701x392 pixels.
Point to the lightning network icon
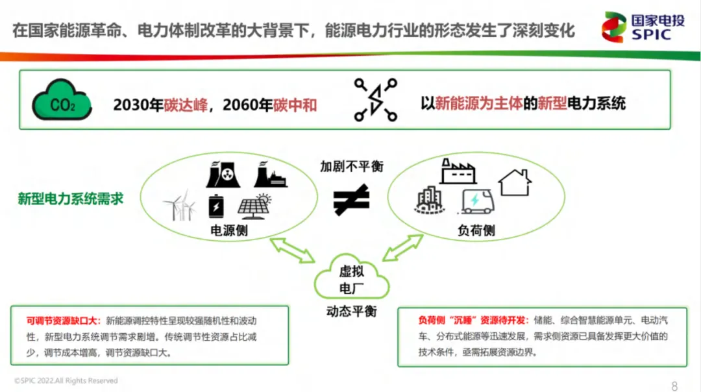pyautogui.click(x=375, y=100)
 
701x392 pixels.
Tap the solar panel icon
pyautogui.click(x=253, y=206)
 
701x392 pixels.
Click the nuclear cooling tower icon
pyautogui.click(x=222, y=175)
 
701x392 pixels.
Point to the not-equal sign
pyautogui.click(x=351, y=199)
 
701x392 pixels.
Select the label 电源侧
pyautogui.click(x=228, y=231)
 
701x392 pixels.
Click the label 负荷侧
pyautogui.click(x=476, y=231)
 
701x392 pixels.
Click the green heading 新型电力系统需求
pyautogui.click(x=70, y=199)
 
